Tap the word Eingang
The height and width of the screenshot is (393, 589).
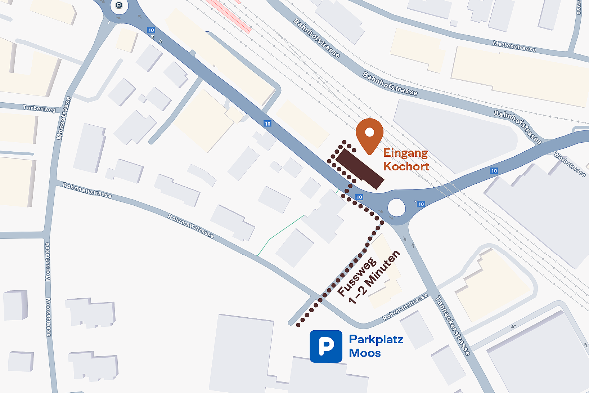[x=405, y=153]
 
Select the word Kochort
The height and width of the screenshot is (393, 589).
[x=406, y=166]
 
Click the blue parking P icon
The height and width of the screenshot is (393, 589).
[x=326, y=346]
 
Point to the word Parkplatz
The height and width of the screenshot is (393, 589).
[x=376, y=339]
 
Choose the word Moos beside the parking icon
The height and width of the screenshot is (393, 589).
[x=365, y=353]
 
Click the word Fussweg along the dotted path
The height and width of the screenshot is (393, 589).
[x=357, y=276]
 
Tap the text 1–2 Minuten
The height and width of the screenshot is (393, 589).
[x=374, y=277]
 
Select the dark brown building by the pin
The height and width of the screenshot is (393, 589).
[x=360, y=169]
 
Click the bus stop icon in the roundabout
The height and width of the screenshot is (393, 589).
[x=119, y=5]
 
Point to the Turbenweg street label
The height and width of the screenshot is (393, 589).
[x=39, y=108]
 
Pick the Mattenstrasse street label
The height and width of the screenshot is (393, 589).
[x=514, y=46]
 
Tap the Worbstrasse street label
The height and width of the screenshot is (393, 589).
[x=570, y=164]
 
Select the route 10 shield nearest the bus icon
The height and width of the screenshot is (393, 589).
[x=151, y=30]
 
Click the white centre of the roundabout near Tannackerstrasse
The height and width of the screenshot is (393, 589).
[x=396, y=208]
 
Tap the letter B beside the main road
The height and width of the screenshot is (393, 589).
[x=153, y=37]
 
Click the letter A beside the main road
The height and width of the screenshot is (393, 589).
[x=161, y=41]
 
